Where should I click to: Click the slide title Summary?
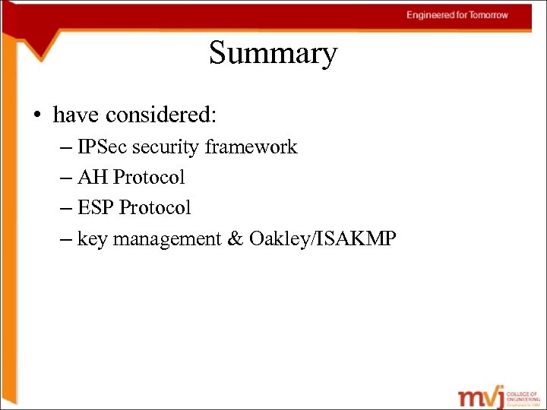(x=273, y=54)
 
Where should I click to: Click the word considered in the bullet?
(x=161, y=115)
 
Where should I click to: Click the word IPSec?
(x=103, y=147)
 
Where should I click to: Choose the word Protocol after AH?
(x=149, y=177)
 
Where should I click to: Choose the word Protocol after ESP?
(x=155, y=207)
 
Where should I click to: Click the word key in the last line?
(x=91, y=239)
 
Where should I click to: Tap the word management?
(x=164, y=239)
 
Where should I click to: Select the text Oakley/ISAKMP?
(x=322, y=238)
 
